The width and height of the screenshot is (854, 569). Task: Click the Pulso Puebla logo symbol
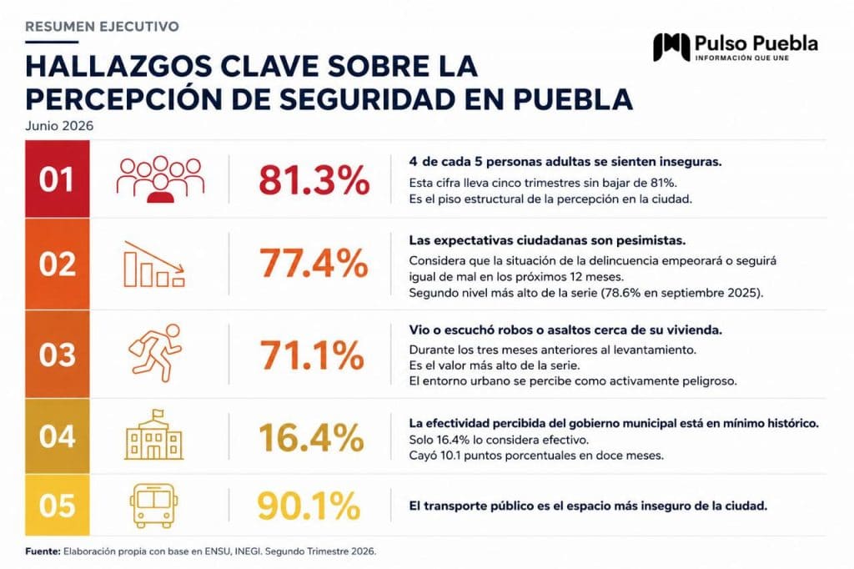click(671, 47)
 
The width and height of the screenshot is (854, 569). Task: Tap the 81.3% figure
click(314, 180)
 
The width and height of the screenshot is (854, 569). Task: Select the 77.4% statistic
click(314, 264)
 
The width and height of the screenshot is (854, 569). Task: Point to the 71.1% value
click(312, 355)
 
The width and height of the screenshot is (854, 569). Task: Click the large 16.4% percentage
click(311, 437)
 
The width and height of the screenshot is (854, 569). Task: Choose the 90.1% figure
click(309, 506)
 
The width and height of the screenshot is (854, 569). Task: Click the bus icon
click(153, 506)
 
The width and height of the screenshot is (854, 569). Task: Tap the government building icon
click(154, 435)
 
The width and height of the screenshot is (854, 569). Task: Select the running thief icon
click(156, 353)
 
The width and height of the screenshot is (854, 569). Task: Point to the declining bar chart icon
click(154, 264)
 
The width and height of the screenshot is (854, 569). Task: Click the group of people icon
click(160, 179)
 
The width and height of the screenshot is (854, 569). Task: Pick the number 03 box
click(58, 355)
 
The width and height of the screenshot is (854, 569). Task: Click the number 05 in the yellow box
click(58, 506)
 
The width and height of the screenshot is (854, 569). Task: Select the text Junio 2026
click(59, 126)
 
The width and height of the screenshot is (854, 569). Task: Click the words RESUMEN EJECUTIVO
click(102, 26)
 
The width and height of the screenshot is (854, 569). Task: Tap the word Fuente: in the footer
click(43, 551)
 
